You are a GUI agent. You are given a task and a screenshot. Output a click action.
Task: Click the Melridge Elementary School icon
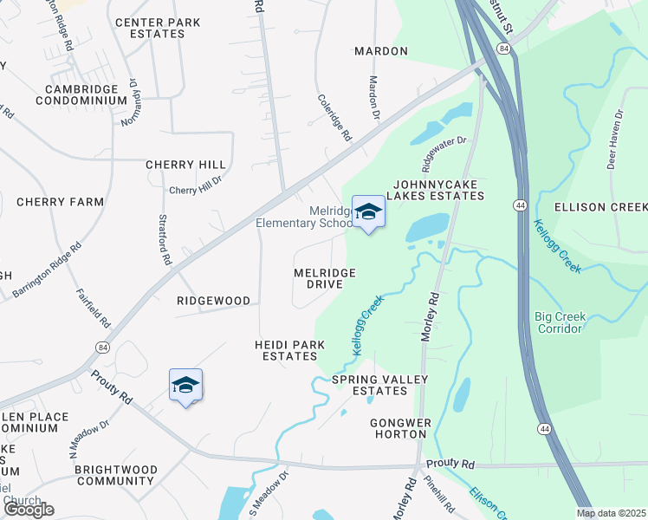368,211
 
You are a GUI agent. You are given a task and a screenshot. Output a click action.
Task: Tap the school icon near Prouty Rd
185,385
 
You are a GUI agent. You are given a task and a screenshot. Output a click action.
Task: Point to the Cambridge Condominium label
82,94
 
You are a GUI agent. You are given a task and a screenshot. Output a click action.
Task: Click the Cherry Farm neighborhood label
60,202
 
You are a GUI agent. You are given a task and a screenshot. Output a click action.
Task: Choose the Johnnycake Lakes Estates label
437,190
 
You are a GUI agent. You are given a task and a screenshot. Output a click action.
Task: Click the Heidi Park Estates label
289,350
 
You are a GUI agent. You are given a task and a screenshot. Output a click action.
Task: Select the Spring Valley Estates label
370,385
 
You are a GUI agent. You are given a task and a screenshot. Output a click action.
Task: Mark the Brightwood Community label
116,475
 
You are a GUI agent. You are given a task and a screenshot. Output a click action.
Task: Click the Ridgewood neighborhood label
213,301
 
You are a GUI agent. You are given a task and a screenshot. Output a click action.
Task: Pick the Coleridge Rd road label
335,118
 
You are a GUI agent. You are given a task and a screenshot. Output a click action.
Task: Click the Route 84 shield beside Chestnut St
504,49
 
